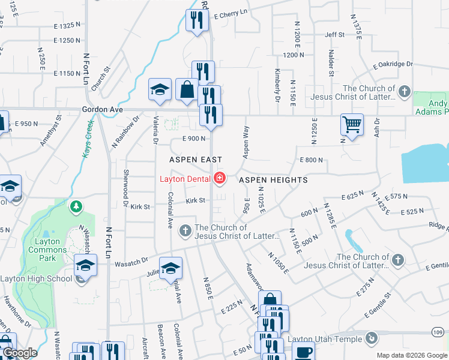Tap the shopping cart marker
tap(351, 125)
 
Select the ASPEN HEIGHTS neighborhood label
tap(273, 180)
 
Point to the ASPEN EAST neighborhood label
tap(196, 160)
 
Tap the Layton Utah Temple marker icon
tap(372, 338)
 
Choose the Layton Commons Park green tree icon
tap(76, 208)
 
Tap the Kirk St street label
tap(195, 200)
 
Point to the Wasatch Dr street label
tap(131, 262)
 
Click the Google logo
tap(20, 353)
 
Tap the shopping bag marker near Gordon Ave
tap(187, 90)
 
